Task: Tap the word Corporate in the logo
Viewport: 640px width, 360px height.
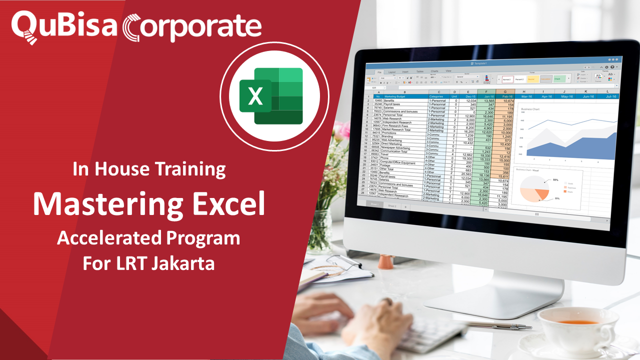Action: (192, 26)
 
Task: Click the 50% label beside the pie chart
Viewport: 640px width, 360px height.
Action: (555, 179)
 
